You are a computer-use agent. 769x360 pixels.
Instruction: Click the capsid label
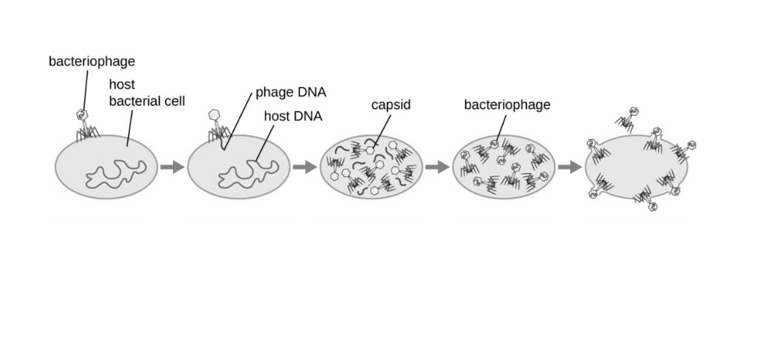391,104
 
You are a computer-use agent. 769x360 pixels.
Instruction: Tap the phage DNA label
290,92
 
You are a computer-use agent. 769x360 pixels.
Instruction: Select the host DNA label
293,117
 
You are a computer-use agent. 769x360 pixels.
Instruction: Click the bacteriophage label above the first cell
92,61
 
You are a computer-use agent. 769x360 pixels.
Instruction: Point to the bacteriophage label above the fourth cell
507,104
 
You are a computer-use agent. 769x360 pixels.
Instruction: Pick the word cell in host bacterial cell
175,101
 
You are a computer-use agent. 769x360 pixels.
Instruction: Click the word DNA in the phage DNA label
312,92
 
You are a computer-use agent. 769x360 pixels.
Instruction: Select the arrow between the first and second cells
172,168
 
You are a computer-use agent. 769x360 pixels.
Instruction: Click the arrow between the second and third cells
304,168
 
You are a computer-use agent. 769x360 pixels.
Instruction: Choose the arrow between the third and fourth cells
437,168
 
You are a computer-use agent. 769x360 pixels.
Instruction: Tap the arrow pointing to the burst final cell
569,168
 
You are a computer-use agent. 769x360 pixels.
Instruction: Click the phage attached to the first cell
83,127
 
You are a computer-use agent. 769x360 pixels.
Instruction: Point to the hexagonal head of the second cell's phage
213,114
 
